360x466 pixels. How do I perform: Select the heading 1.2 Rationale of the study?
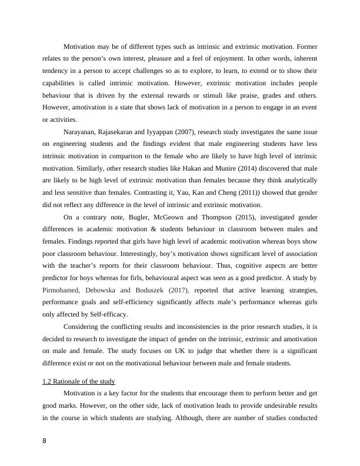[79, 381]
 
